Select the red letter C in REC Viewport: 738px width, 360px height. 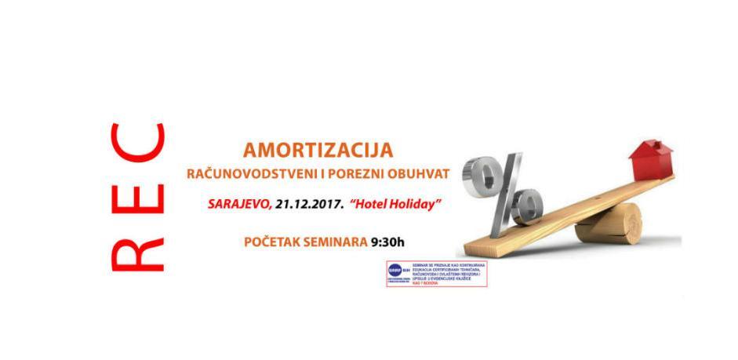(x=138, y=141)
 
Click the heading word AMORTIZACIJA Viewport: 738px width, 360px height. (x=317, y=149)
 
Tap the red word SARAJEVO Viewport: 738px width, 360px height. (x=239, y=203)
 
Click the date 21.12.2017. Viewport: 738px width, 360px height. (x=308, y=203)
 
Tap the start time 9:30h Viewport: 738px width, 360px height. (x=388, y=241)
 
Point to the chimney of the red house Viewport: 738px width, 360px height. (x=658, y=144)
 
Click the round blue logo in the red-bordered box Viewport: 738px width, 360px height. (x=395, y=271)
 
